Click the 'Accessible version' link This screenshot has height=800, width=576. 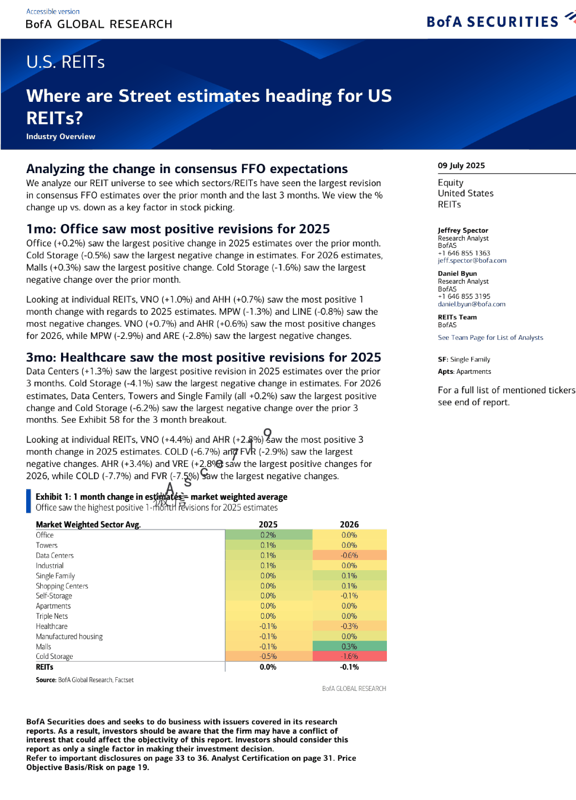pyautogui.click(x=53, y=11)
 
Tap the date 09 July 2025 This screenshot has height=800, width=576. pyautogui.click(x=461, y=165)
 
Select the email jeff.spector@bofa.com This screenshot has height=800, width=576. pyautogui.click(x=472, y=260)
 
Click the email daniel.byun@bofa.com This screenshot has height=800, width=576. pyautogui.click(x=471, y=304)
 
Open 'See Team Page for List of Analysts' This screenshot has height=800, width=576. pyautogui.click(x=490, y=337)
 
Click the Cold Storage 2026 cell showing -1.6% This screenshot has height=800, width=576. pyautogui.click(x=349, y=656)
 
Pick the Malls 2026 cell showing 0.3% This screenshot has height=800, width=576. pyautogui.click(x=349, y=646)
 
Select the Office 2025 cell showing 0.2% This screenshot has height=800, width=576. pyautogui.click(x=268, y=535)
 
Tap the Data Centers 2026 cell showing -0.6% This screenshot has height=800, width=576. pyautogui.click(x=349, y=555)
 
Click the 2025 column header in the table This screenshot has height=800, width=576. pyautogui.click(x=268, y=524)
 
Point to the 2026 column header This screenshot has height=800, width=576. pyautogui.click(x=349, y=524)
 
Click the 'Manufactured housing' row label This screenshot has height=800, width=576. pyautogui.click(x=69, y=636)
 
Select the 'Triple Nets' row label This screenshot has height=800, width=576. pyautogui.click(x=52, y=616)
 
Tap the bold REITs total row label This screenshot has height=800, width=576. pyautogui.click(x=45, y=667)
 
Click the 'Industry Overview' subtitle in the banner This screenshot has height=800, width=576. pyautogui.click(x=61, y=137)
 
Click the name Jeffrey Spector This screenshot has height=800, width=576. pyautogui.click(x=463, y=230)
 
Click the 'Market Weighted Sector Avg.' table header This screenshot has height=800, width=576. pyautogui.click(x=88, y=524)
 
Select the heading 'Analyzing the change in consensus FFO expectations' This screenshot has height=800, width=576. pyautogui.click(x=187, y=169)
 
